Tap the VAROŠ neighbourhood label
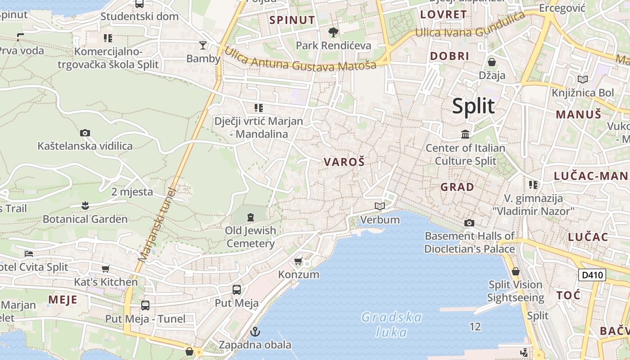coord(344,162)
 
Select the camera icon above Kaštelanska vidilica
coord(85,133)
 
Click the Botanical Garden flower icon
coord(85,206)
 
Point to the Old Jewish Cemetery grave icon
coord(251,217)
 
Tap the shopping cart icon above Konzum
coord(298,261)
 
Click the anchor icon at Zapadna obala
coord(255,332)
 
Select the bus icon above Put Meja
coord(237,290)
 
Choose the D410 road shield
coord(592,274)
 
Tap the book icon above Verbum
coord(380,206)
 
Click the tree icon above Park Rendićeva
coord(333,32)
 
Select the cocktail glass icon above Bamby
coord(203,45)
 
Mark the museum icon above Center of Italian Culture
coord(465,134)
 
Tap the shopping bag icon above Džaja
coord(492,62)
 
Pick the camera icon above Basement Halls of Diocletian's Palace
coord(469,223)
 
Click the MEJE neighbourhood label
coord(63,300)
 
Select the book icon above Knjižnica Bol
coord(583,79)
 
